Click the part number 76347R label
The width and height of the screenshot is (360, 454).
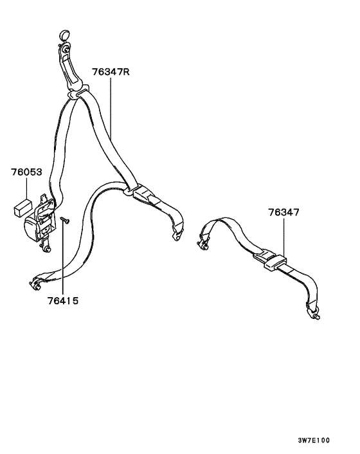pyautogui.click(x=111, y=71)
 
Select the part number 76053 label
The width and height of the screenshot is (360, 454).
pyautogui.click(x=26, y=172)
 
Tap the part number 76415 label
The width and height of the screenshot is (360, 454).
pyautogui.click(x=63, y=301)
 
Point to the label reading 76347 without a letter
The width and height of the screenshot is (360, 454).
pyautogui.click(x=283, y=212)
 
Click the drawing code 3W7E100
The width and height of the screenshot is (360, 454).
pyautogui.click(x=314, y=440)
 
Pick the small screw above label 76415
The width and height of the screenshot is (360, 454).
pyautogui.click(x=65, y=221)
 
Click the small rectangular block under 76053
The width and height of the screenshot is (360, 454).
pyautogui.click(x=22, y=207)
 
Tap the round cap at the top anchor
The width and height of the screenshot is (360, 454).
pyautogui.click(x=64, y=35)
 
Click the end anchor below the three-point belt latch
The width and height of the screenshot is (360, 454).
pyautogui.click(x=177, y=234)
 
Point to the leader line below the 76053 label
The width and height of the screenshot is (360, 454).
pyautogui.click(x=26, y=188)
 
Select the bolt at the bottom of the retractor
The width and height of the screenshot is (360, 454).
pyautogui.click(x=46, y=248)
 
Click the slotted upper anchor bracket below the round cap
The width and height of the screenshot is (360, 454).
pyautogui.click(x=69, y=68)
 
